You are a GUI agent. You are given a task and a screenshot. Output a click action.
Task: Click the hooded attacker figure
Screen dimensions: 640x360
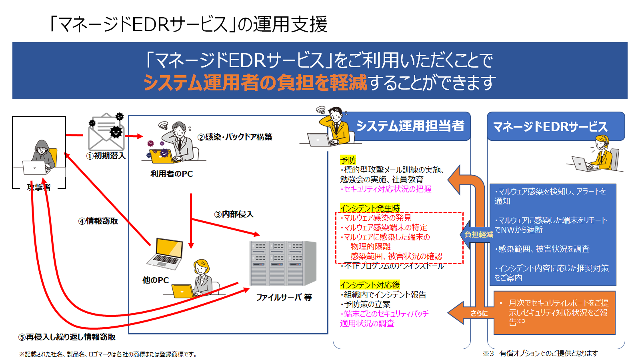[40, 157]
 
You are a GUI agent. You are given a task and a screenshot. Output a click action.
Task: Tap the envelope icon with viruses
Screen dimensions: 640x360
[106, 132]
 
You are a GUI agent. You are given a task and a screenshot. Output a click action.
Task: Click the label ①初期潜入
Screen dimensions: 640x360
[106, 156]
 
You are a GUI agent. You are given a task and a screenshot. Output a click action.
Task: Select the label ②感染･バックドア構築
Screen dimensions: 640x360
[235, 137]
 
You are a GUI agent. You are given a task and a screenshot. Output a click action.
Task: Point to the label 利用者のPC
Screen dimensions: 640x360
[172, 174]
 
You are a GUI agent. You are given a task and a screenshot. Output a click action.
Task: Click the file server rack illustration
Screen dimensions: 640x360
[283, 263]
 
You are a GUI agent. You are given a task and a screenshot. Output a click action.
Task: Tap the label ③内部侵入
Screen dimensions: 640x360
[234, 214]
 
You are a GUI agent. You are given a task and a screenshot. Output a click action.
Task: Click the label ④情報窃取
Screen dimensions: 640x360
[98, 221]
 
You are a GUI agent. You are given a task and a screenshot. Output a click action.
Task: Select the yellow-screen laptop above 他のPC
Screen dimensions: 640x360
[165, 254]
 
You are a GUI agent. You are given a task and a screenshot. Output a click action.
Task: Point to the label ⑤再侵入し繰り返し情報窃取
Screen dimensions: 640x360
[67, 337]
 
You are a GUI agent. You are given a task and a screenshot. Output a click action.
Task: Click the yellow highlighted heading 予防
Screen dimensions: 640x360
[348, 160]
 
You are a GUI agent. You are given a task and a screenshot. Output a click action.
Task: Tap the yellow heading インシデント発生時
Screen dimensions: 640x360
[370, 208]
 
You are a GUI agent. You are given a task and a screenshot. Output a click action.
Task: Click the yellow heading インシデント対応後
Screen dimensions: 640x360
[370, 285]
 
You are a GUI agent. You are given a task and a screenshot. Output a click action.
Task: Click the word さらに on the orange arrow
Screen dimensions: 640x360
[479, 314]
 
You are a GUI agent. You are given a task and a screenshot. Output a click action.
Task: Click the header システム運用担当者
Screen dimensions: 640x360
[410, 126]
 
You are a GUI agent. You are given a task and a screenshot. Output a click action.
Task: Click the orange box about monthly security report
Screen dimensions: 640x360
[554, 312]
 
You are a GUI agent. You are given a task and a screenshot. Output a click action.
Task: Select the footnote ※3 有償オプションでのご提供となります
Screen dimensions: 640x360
[540, 354]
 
